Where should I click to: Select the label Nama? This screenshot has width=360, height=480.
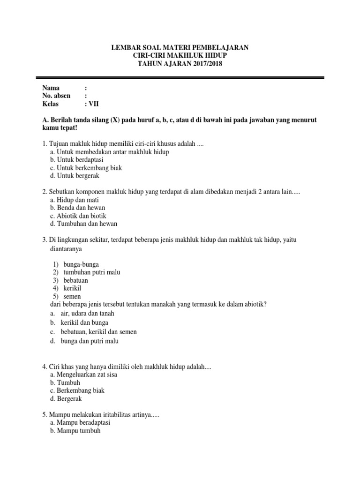click(x=51, y=88)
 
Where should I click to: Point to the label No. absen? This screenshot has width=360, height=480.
click(x=57, y=96)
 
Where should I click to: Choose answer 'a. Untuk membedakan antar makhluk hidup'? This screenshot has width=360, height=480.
click(x=109, y=152)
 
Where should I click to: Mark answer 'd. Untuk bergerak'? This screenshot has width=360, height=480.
click(x=78, y=176)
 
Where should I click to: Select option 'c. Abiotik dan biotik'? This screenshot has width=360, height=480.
click(x=82, y=216)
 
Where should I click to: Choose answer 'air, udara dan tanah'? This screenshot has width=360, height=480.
click(x=87, y=313)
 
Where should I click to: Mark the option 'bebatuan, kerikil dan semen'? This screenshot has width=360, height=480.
click(x=98, y=331)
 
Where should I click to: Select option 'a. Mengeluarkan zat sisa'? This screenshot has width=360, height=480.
click(x=87, y=375)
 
